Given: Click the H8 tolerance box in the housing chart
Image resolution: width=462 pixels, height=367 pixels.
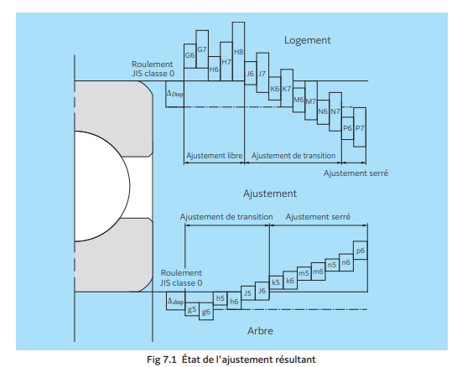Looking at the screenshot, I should point(238,52).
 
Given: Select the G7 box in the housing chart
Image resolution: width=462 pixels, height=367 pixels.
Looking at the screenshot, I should point(202,50).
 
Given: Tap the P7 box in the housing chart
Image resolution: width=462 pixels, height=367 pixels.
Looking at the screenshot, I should point(360,128).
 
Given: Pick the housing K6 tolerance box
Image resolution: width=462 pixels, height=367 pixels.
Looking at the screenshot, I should point(275,88).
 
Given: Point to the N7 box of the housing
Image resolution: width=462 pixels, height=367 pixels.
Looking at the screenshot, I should point(335,111).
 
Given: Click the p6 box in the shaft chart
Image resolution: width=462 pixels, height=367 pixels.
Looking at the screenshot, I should point(360,251).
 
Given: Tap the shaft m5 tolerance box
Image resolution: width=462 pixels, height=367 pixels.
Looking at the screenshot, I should point(304,273).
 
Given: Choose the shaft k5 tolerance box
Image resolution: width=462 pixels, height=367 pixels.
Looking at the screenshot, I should point(275,282).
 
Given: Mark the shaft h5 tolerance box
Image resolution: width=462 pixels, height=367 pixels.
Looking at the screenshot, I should point(220,297).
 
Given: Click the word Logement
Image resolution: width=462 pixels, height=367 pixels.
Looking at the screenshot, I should point(307,40).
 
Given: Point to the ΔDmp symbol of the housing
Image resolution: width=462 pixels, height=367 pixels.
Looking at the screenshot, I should point(174,94).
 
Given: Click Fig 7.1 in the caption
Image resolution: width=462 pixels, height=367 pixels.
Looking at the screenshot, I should point(159,359).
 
